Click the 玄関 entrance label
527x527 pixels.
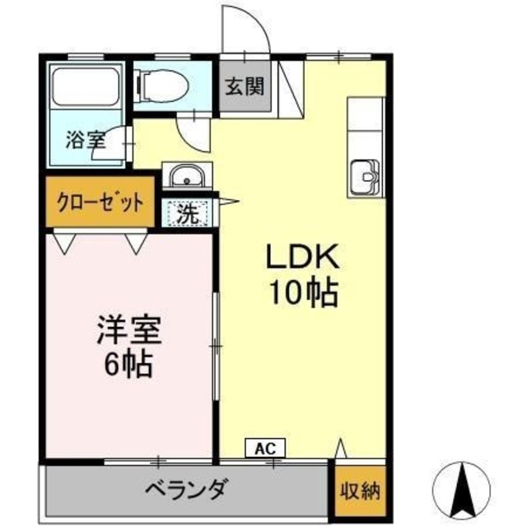tap(246, 86)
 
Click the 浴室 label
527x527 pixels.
tap(86, 139)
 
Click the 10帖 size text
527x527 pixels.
tap(301, 293)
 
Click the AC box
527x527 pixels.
tap(265, 448)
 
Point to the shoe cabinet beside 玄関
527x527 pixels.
tap(290, 86)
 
